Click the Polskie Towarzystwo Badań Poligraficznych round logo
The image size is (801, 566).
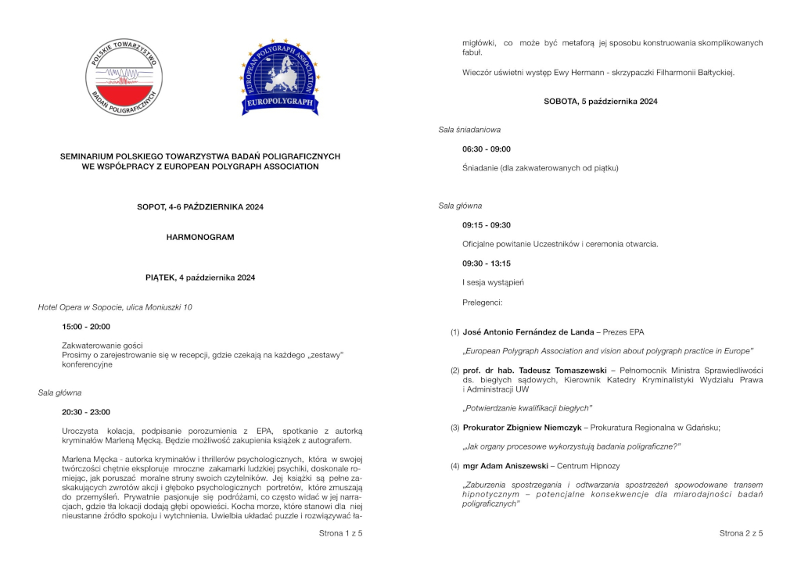124,77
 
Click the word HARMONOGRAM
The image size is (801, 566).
200,237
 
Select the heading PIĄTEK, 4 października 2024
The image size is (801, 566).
200,278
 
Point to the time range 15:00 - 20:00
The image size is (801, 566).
86,326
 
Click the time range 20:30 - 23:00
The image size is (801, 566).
86,412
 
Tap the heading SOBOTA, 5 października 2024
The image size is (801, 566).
601,101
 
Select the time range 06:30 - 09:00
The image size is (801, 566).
487,149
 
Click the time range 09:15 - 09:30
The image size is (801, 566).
487,225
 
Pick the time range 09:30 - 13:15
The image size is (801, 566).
487,263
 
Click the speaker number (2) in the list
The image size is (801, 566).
454,370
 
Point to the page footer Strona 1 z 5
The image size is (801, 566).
340,533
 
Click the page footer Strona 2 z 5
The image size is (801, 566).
741,533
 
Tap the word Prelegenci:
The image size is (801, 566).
483,301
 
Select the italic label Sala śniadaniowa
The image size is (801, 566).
469,129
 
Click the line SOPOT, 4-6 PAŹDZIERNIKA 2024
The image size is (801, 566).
200,206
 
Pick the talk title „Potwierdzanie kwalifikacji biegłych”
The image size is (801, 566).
527,408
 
